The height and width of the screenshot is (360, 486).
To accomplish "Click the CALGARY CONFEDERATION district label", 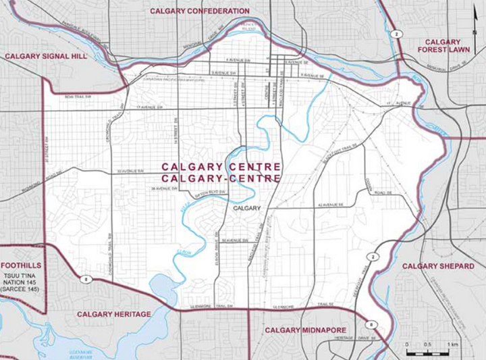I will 199,11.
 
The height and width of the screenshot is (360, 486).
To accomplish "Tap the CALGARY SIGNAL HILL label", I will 46,57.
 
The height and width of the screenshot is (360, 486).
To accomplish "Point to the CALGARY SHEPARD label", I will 438,266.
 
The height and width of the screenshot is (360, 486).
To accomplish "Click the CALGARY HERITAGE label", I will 113,314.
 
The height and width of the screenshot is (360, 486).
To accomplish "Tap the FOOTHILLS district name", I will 22,266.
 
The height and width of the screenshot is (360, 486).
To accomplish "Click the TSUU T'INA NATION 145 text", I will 22,285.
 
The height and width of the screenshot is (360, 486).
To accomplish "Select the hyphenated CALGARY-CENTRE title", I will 221,178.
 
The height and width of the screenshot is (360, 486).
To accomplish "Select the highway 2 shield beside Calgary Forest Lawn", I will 398,34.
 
